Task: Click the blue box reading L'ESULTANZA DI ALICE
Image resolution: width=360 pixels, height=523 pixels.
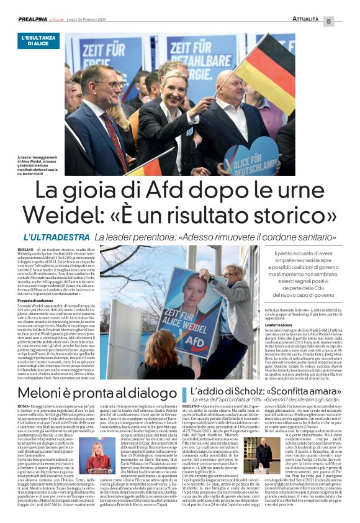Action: click(x=38, y=41)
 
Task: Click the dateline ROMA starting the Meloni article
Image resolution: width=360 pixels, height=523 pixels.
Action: click(x=25, y=405)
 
